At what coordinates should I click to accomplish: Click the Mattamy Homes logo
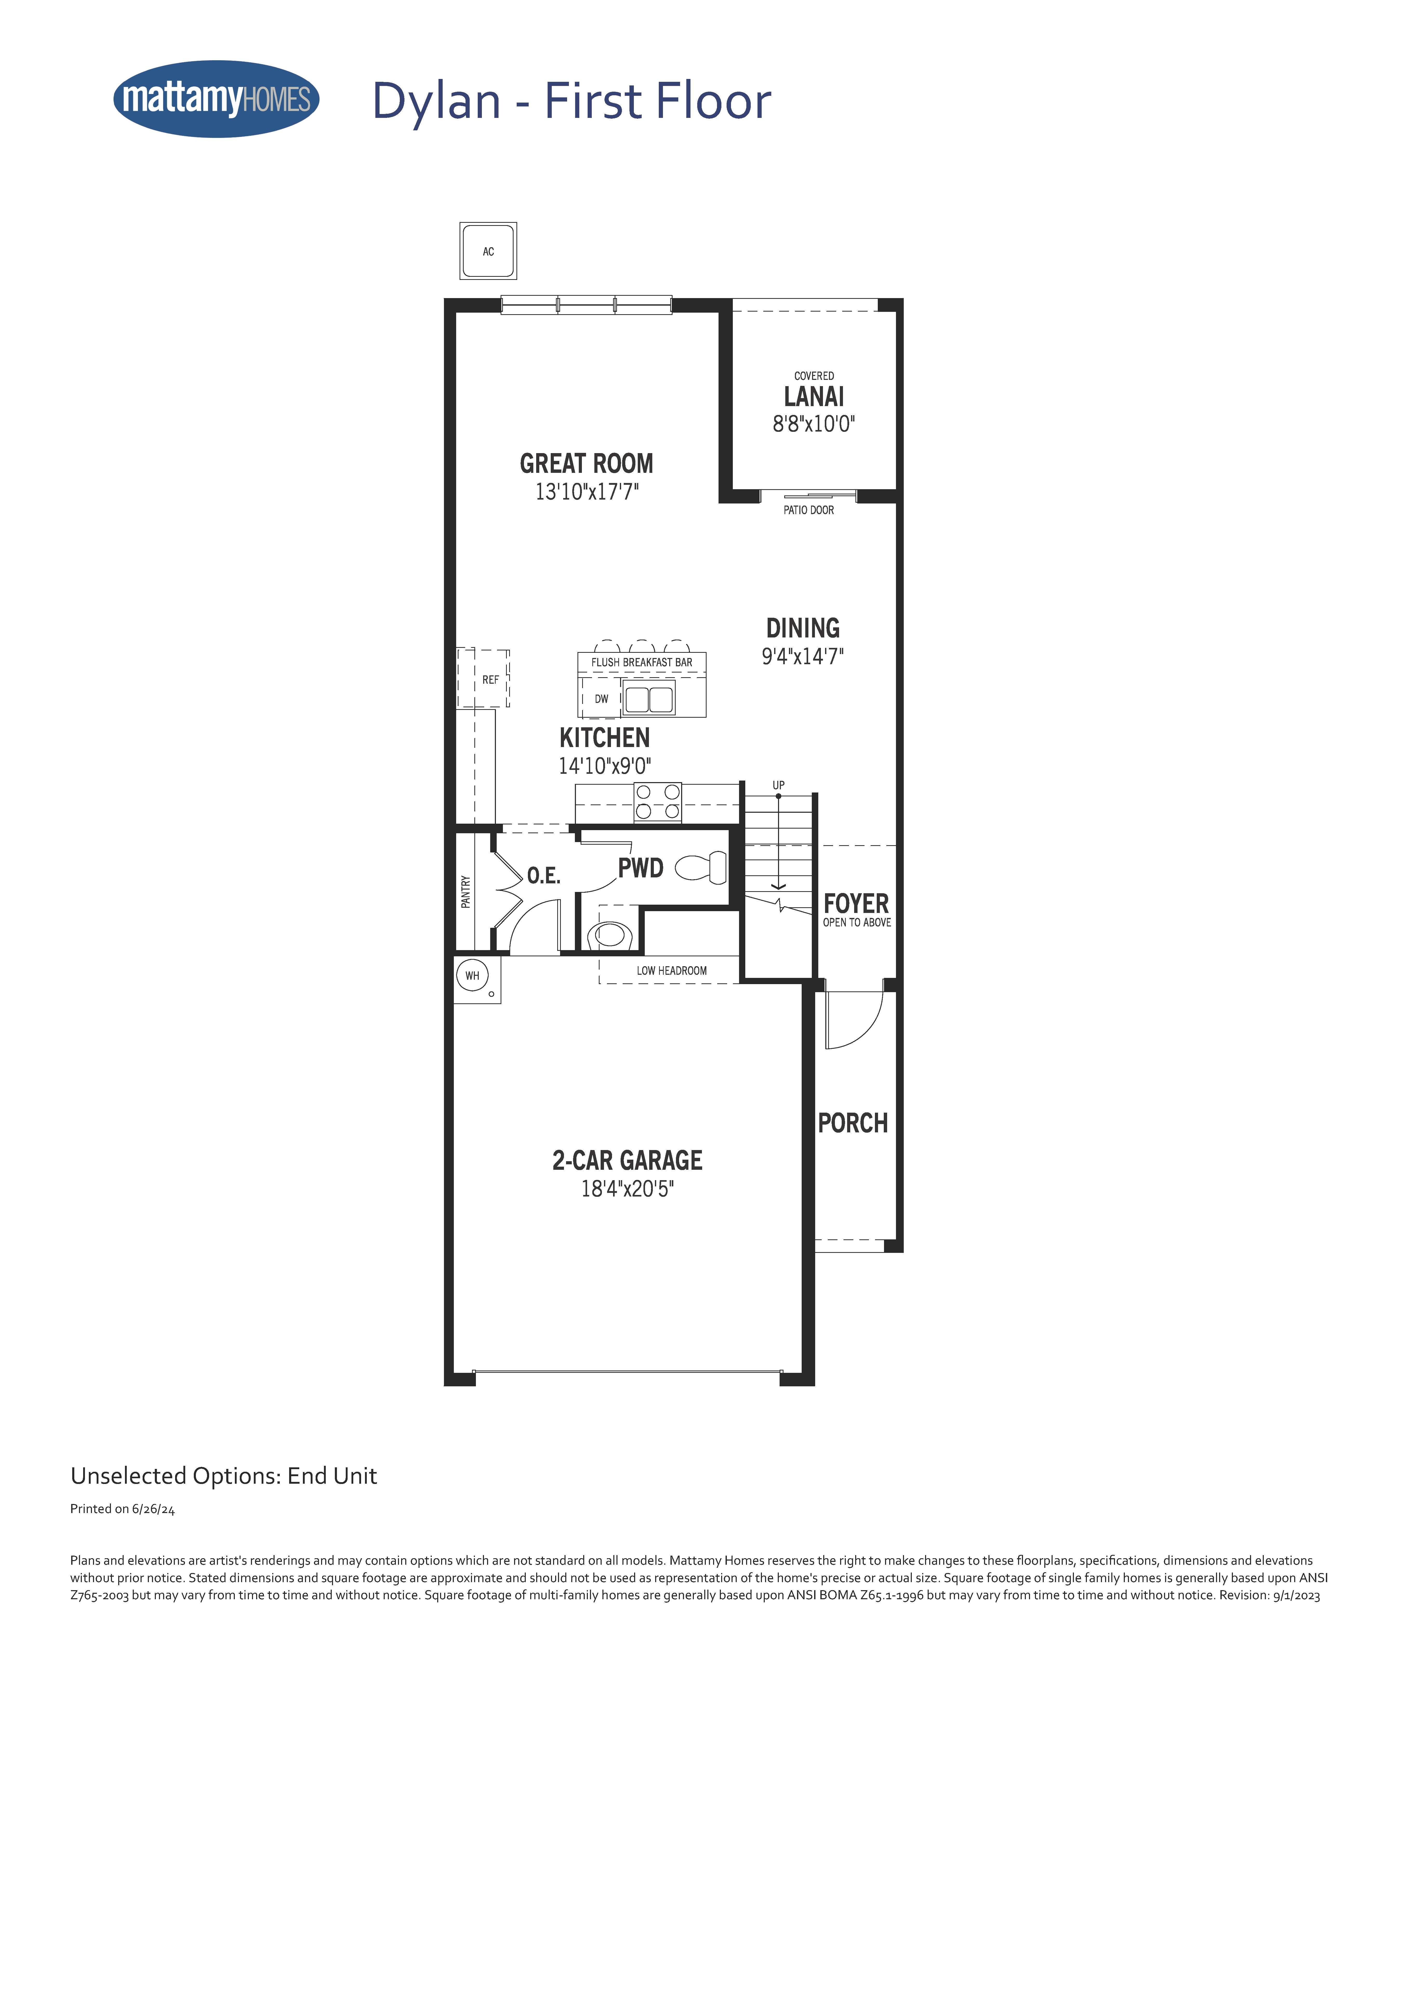(x=217, y=99)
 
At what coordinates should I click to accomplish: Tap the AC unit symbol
(x=488, y=251)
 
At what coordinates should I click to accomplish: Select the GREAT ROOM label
(x=587, y=463)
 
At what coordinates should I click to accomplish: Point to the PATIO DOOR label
(x=808, y=510)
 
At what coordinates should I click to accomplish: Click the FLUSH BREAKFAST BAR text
(x=642, y=663)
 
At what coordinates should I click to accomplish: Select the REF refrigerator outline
(x=483, y=678)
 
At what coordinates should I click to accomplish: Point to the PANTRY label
(x=466, y=891)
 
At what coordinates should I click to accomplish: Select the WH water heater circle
(x=472, y=976)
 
